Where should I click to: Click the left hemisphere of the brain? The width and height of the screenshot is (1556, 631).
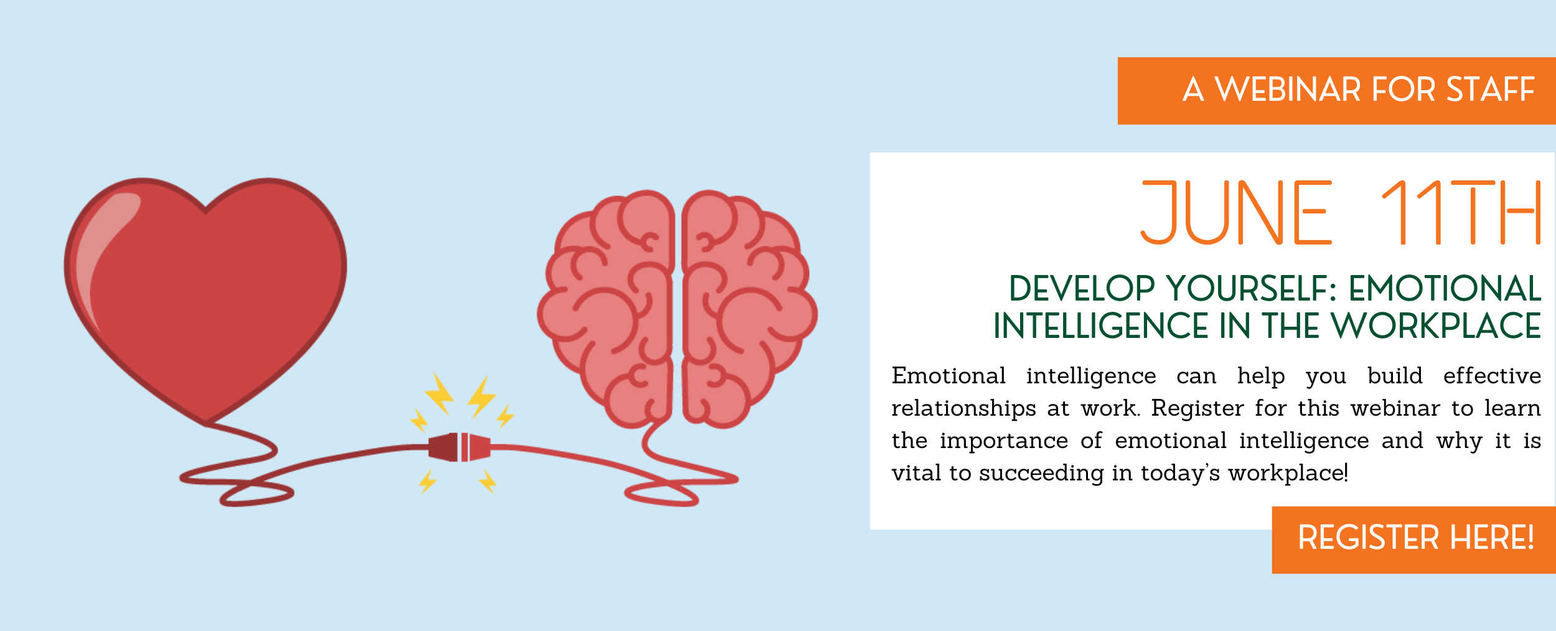coord(607,308)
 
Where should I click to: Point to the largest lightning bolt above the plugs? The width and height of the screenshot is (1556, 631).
coord(439,393)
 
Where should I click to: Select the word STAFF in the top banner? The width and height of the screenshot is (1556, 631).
coord(1491,90)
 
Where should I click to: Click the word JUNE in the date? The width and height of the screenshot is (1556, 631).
coord(1236,213)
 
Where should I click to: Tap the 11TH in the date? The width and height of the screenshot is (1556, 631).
coord(1461,213)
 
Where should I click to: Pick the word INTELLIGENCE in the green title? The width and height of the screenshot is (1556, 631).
coord(1092,326)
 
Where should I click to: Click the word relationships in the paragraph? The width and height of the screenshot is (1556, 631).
coord(963,409)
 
